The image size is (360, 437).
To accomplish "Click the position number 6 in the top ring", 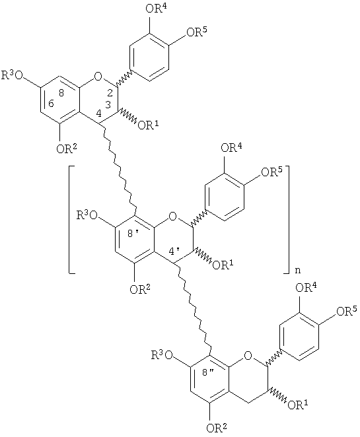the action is [x=51, y=104].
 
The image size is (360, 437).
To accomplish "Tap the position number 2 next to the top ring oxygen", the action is [x=110, y=93].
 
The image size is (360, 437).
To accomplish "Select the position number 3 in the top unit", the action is [x=108, y=104].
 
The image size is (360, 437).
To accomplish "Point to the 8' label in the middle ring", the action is [x=133, y=234].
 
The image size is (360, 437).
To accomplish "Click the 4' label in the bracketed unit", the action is [x=175, y=252].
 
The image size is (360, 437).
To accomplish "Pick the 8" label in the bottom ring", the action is [x=208, y=373].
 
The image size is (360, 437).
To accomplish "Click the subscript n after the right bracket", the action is [x=298, y=271].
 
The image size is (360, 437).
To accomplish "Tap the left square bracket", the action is [x=72, y=220].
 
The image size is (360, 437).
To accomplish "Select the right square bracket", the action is [x=287, y=220].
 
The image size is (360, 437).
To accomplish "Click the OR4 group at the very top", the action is [x=157, y=9].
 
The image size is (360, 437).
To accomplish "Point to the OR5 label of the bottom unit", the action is [x=347, y=311].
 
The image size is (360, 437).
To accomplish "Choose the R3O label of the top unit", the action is [x=13, y=75].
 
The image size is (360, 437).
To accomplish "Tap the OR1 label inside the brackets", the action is [x=223, y=265].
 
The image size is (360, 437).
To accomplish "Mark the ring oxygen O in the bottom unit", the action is [x=247, y=355].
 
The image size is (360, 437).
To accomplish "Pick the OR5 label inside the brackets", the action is [x=271, y=172].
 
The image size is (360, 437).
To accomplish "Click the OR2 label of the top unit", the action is [x=66, y=149].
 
